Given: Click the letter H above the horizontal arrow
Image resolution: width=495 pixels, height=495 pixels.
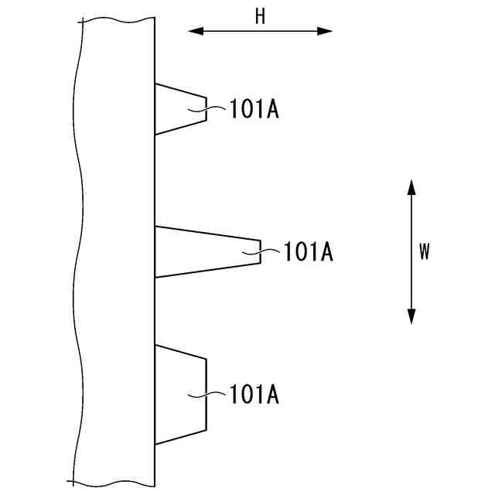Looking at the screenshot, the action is coord(261,17).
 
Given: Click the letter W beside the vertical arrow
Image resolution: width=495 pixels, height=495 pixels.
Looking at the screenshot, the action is coord(424,251).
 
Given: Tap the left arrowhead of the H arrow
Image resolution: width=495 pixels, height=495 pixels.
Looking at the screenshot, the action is coord(194,31).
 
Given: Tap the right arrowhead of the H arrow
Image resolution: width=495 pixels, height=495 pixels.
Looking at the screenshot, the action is coord(326,31).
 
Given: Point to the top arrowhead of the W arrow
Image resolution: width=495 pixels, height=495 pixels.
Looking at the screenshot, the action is coord(411,186).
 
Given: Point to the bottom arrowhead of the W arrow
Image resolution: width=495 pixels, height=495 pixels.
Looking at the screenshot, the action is coord(411,316).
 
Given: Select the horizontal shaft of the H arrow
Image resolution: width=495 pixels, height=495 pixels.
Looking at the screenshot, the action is coord(261,31).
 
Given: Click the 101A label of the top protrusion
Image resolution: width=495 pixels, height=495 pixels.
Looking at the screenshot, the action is coord(254,110).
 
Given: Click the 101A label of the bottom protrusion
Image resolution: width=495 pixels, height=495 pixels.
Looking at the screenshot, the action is coord(254,395).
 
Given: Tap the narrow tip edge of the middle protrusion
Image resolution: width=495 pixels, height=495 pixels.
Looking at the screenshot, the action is coord(260,251).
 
